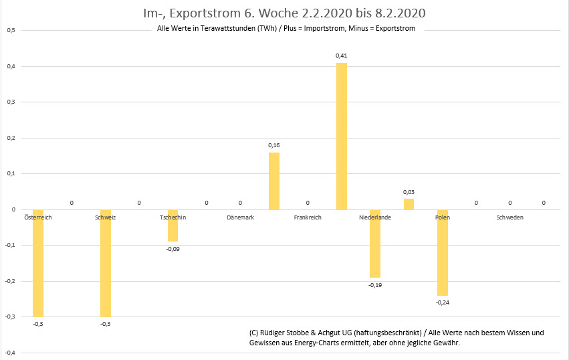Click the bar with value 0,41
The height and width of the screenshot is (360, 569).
click(x=341, y=137)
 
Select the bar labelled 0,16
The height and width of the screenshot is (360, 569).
click(x=274, y=181)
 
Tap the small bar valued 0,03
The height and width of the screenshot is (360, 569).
click(x=409, y=204)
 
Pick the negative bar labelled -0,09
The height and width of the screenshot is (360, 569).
click(x=173, y=226)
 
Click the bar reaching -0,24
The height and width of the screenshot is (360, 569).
click(x=443, y=252)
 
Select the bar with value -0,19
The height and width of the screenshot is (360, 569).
click(x=375, y=244)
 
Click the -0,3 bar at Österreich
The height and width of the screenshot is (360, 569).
click(x=37, y=263)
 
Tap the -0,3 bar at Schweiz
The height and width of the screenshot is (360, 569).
click(x=105, y=263)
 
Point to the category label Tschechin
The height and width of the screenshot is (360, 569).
click(x=173, y=217)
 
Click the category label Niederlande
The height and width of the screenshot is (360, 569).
click(x=375, y=217)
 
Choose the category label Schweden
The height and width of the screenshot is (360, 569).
click(x=510, y=217)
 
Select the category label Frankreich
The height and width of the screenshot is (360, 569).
click(x=308, y=217)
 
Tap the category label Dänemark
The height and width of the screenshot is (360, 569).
click(x=240, y=217)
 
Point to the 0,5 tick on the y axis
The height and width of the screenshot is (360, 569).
click(x=11, y=30)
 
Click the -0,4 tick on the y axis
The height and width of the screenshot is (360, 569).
click(x=10, y=353)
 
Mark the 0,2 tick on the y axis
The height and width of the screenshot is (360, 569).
click(x=11, y=138)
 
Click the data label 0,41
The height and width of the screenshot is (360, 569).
click(x=341, y=56)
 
